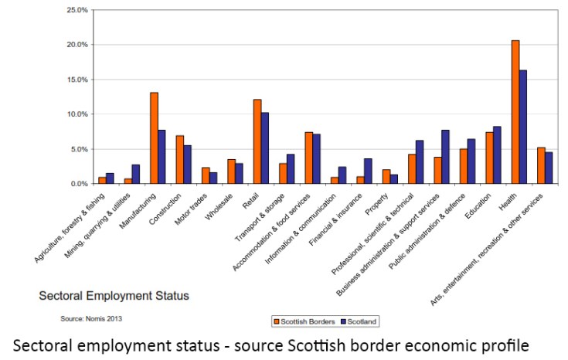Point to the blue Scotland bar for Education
click(x=497, y=155)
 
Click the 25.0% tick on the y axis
click(x=77, y=10)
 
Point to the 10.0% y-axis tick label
click(x=77, y=114)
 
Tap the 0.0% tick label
click(x=80, y=184)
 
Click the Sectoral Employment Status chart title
click(x=114, y=295)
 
